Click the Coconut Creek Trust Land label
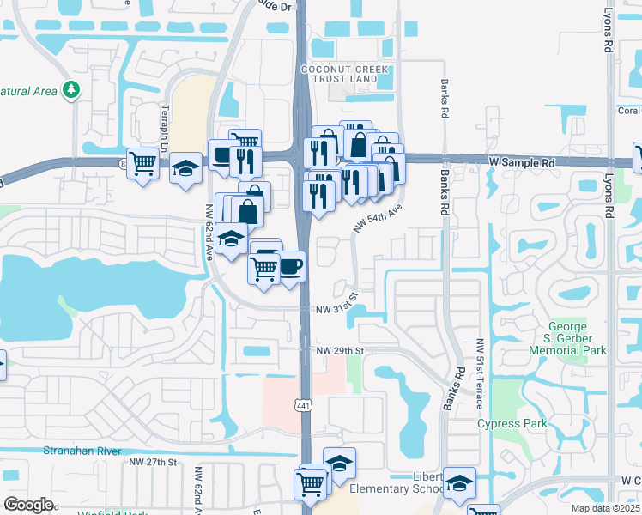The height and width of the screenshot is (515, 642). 339,74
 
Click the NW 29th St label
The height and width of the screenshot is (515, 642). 340,351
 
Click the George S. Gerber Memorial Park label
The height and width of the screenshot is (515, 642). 567,338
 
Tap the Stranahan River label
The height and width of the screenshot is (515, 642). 79,449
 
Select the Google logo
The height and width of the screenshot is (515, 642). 28,505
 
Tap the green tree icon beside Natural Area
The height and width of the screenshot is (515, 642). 72,89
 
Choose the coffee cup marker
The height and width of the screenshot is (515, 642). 290,265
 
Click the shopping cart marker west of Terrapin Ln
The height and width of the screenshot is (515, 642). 142,161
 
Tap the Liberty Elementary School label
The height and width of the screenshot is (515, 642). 429,482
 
